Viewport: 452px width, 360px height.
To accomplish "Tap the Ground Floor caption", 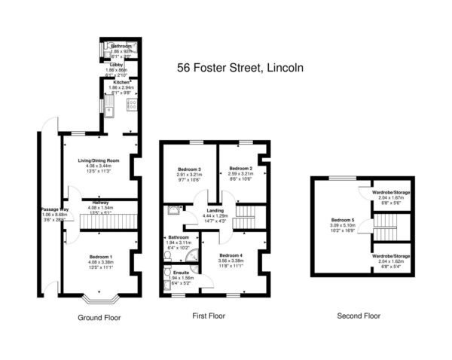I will pos(99,318).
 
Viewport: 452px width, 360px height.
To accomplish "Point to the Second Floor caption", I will pos(359,317).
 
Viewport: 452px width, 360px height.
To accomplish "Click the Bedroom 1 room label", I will pos(100,258).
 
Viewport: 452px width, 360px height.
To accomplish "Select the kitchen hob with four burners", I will pos(131,105).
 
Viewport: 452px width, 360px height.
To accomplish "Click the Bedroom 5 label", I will pos(343,221).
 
